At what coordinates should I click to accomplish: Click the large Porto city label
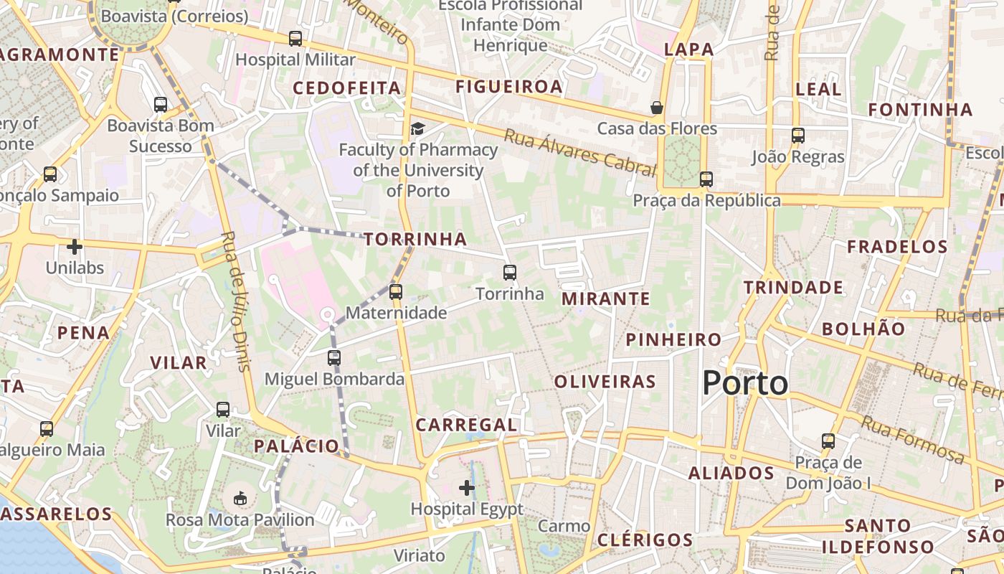(x=745, y=383)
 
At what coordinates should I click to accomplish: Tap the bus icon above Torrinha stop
(x=510, y=273)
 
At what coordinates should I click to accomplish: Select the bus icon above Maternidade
(x=395, y=292)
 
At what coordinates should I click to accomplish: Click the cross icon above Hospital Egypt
(x=467, y=489)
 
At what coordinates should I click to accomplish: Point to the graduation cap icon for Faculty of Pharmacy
(x=417, y=128)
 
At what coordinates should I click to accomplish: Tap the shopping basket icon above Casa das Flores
(x=656, y=108)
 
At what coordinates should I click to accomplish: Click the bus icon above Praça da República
(x=706, y=179)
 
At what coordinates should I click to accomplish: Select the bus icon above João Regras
(x=797, y=135)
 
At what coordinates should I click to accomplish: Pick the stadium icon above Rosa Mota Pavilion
(x=240, y=498)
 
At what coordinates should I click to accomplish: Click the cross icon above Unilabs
(x=75, y=247)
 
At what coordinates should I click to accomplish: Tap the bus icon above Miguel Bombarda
(x=334, y=357)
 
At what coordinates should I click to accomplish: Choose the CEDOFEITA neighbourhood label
(x=347, y=88)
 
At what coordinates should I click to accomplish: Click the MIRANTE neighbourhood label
(x=606, y=298)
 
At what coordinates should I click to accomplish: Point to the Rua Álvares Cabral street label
(x=579, y=152)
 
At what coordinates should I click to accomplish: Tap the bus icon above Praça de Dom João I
(x=828, y=441)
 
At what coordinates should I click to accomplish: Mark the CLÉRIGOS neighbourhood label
(x=645, y=540)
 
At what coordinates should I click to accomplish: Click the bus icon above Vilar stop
(x=223, y=410)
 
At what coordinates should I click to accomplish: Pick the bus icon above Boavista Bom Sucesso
(x=161, y=105)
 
